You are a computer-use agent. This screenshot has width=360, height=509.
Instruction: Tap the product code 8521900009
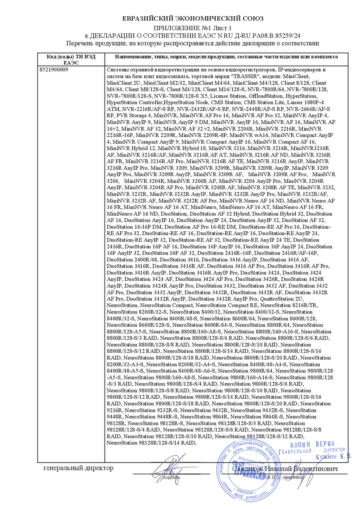click(54, 70)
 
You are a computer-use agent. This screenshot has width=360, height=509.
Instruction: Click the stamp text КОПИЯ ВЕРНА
click(312, 446)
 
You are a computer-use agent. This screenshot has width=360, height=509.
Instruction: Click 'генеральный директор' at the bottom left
click(78, 468)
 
